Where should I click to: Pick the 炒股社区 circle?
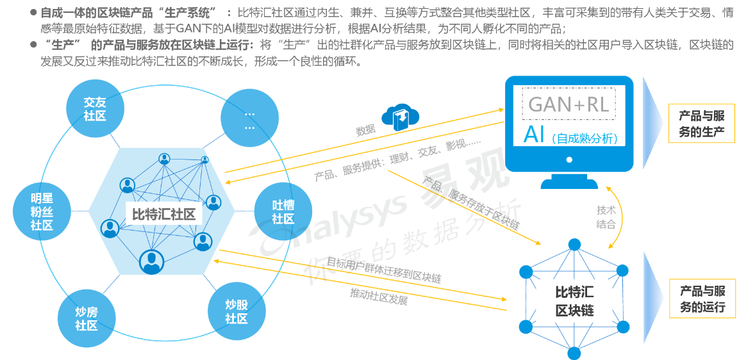pos(237,311)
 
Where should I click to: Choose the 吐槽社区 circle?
pos(283,211)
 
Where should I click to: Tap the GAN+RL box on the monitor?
pos(569,104)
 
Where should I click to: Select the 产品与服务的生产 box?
pos(702,124)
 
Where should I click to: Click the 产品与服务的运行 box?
pos(702,299)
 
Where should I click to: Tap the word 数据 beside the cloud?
pos(365,130)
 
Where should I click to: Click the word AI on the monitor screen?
pos(534,135)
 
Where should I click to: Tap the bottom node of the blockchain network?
pos(574,352)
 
